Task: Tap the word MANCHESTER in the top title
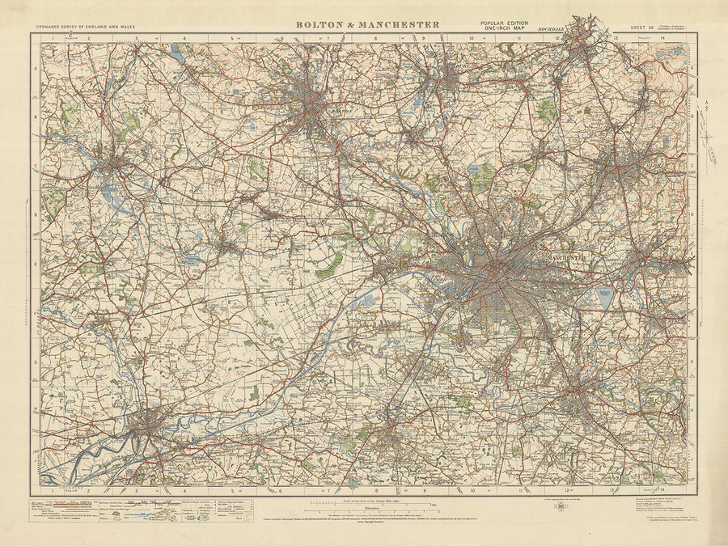point(401,24)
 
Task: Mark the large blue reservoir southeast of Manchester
point(606,297)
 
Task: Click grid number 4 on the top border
point(184,37)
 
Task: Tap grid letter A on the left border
point(36,70)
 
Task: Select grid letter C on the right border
point(693,168)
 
